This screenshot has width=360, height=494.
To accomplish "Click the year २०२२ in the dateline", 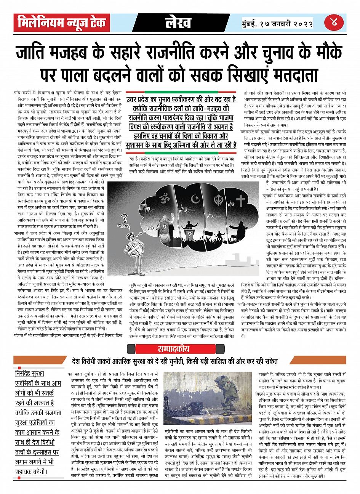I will [301, 23].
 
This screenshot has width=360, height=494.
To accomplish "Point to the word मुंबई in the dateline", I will [253, 23].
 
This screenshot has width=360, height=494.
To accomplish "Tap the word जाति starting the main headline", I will [33, 53].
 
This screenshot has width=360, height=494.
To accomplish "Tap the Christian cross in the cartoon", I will [240, 200].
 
